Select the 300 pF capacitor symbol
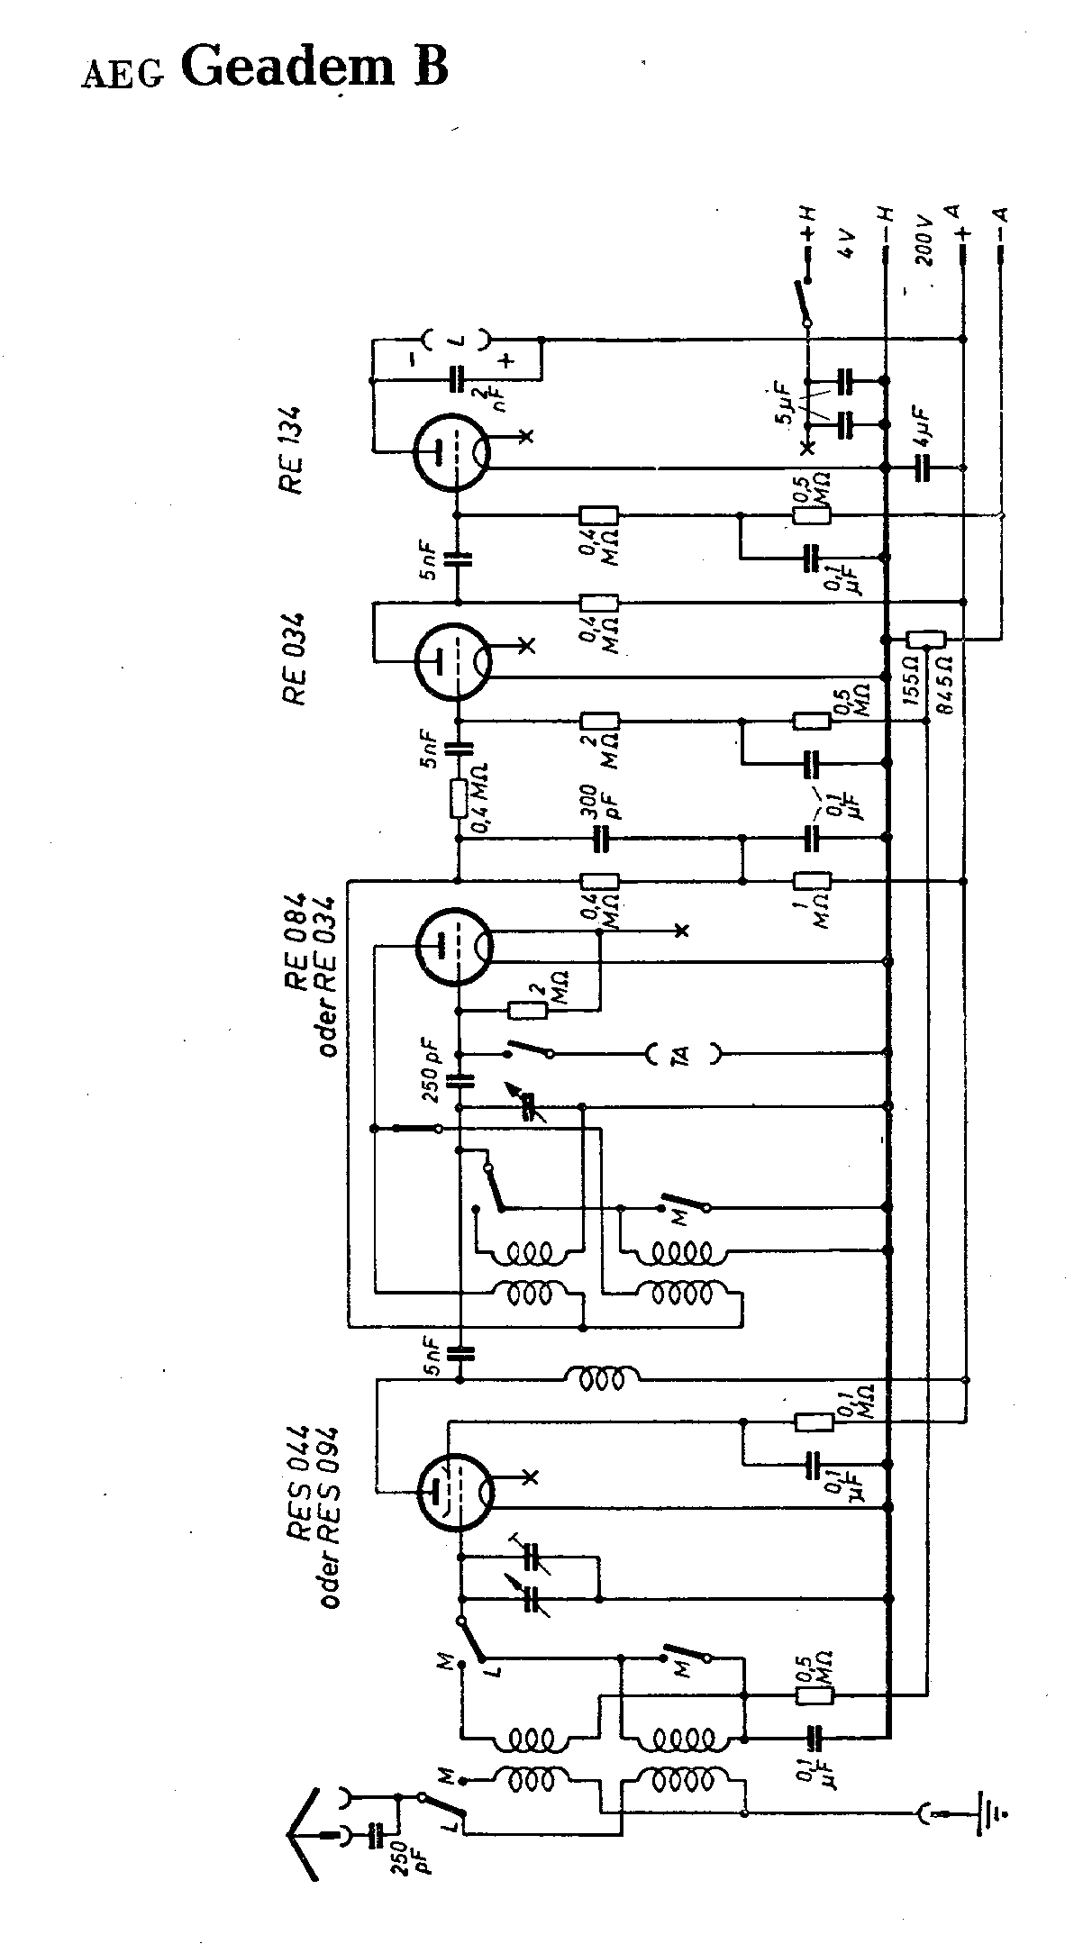(600, 840)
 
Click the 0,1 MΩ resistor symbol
(815, 1422)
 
